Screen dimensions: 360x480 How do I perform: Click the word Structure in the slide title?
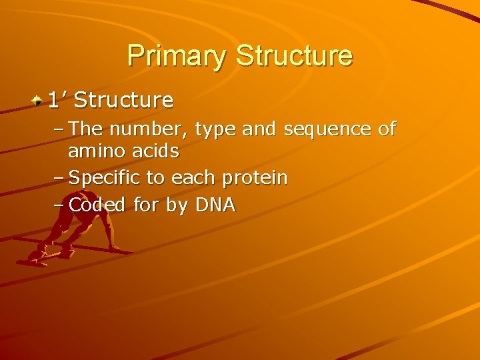293,55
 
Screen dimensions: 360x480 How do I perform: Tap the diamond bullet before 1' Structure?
39,101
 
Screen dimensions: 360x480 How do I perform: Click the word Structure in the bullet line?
123,101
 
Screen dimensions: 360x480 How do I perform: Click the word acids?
155,151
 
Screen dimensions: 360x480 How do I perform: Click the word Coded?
97,205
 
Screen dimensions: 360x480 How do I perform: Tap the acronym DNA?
215,205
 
